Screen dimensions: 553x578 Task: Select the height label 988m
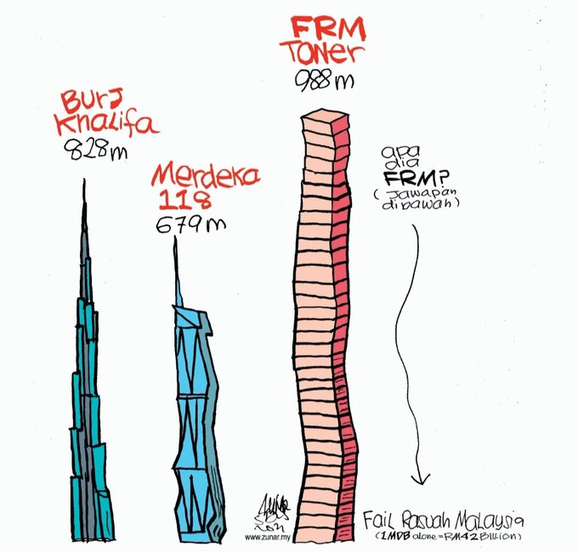(324, 82)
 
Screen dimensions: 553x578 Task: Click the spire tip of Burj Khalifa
(83, 180)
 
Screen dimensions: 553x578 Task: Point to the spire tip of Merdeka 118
(176, 239)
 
